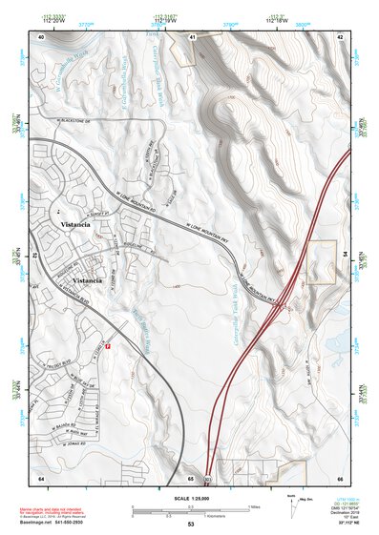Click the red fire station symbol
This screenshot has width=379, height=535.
click(108, 346)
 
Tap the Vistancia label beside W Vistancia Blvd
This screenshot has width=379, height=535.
click(87, 282)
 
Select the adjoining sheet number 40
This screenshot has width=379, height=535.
click(41, 35)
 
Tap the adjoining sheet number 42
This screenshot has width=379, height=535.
click(341, 35)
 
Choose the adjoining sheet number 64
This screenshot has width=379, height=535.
click(41, 476)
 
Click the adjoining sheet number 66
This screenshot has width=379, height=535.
click(341, 476)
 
